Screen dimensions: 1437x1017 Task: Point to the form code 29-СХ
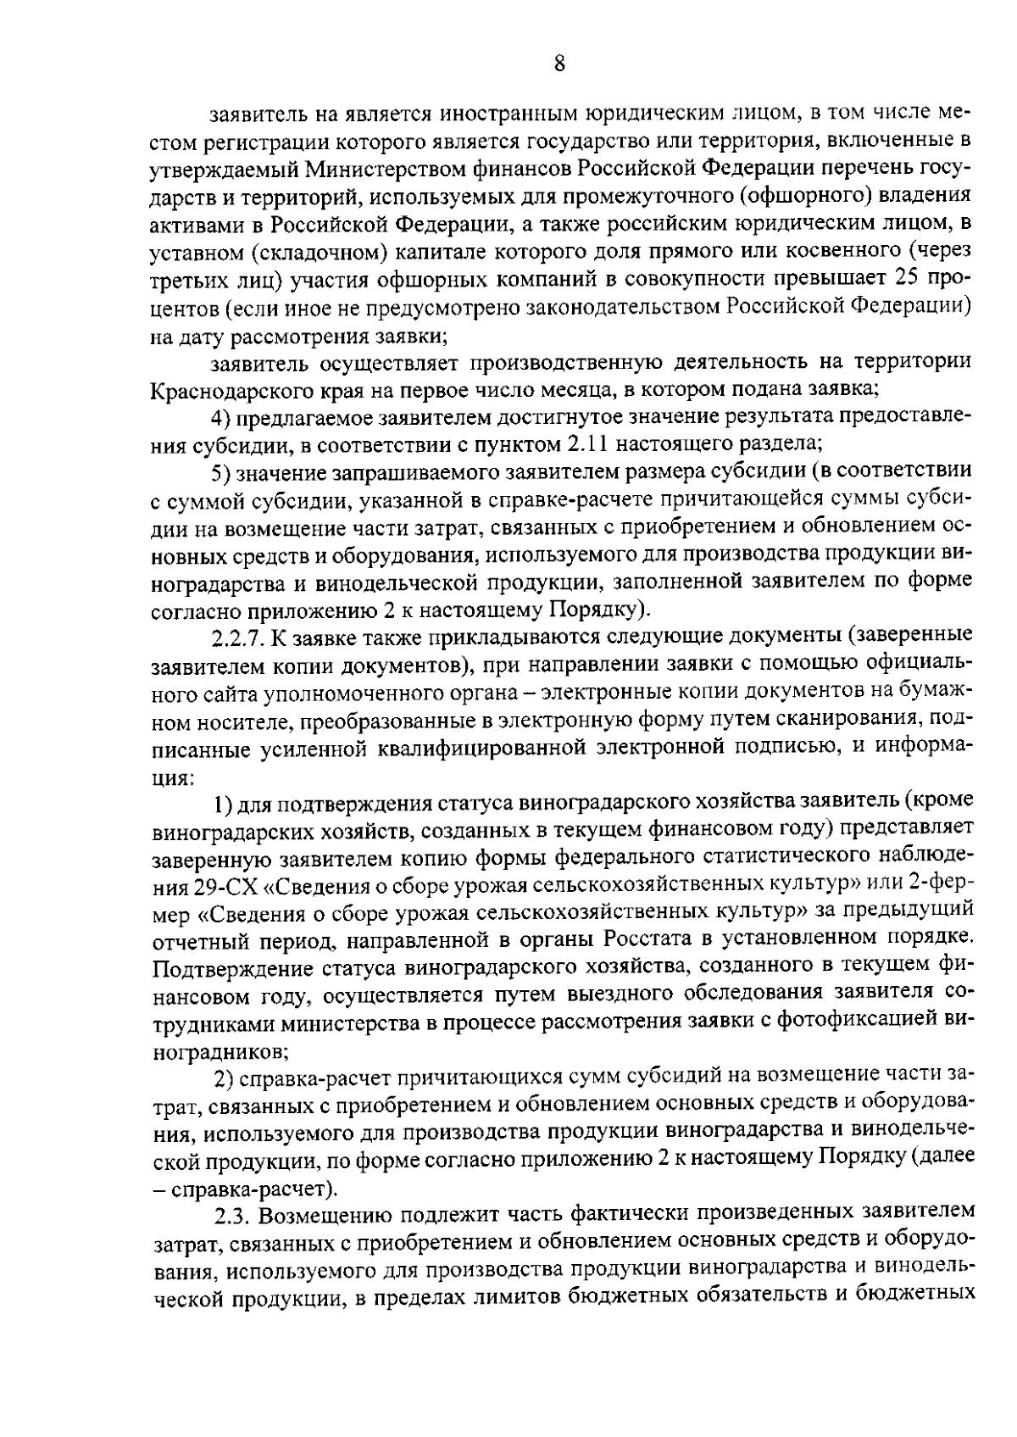coord(187,886)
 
